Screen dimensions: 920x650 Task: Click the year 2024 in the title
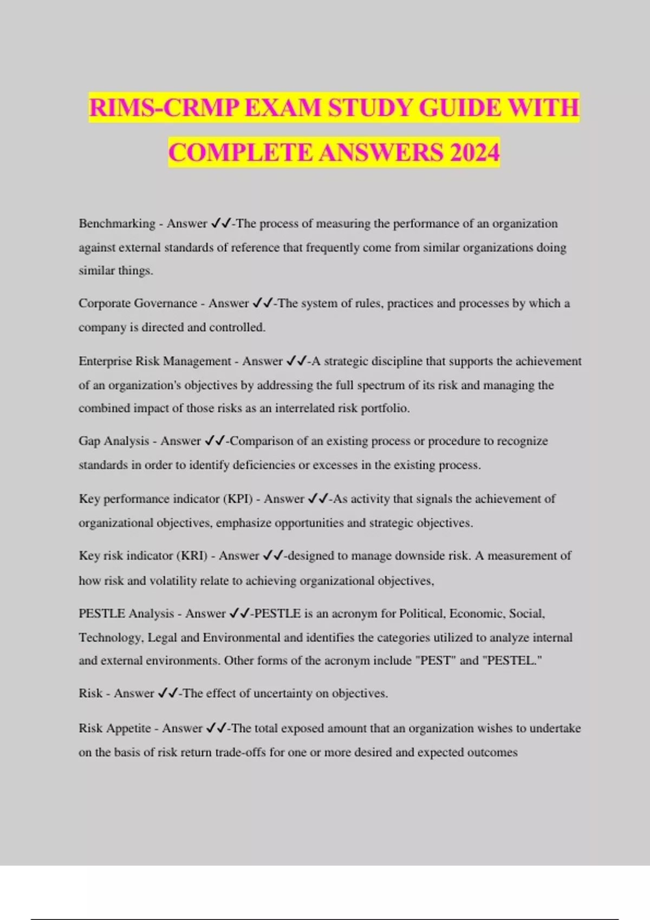(474, 152)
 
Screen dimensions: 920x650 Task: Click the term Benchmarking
(116, 224)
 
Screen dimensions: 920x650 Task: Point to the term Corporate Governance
(138, 304)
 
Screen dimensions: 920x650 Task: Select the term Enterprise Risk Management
(154, 362)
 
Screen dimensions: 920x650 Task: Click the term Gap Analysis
(113, 441)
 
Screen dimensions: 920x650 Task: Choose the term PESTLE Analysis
(126, 614)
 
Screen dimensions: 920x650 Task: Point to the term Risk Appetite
(114, 728)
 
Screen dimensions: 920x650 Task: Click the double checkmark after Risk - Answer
(167, 694)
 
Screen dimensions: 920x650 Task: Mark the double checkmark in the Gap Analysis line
(214, 441)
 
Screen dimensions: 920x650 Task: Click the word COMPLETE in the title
(240, 152)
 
